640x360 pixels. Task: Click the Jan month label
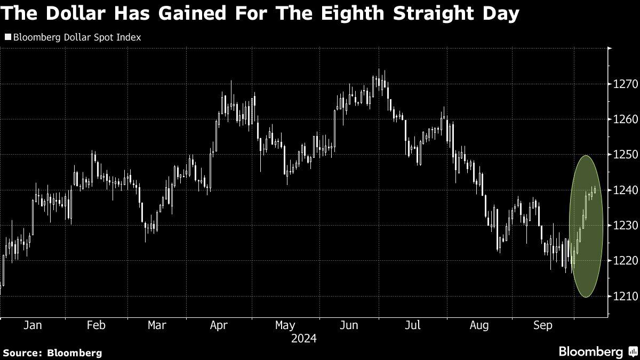pyautogui.click(x=33, y=325)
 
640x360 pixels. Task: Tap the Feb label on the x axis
pyautogui.click(x=96, y=325)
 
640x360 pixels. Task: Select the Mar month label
pyautogui.click(x=157, y=325)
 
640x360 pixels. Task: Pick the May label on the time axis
pyautogui.click(x=285, y=325)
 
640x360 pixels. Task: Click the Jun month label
pyautogui.click(x=349, y=325)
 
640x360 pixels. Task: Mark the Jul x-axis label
pyautogui.click(x=413, y=325)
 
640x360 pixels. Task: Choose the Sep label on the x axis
pyautogui.click(x=543, y=325)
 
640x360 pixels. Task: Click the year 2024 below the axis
pyautogui.click(x=304, y=339)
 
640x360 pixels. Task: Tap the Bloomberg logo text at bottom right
pyautogui.click(x=590, y=351)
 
